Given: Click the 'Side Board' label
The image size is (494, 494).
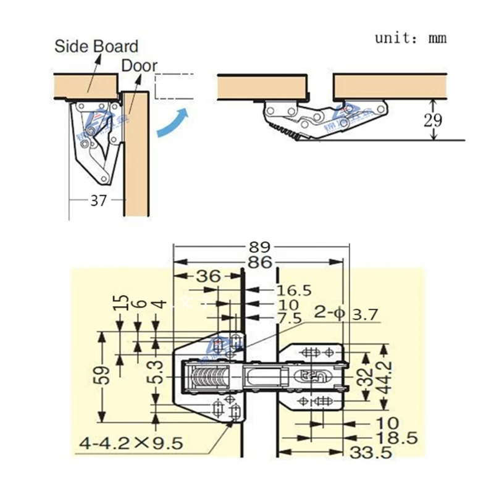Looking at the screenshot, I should click(x=96, y=46).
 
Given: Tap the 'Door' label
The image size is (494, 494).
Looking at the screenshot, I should click(x=139, y=65).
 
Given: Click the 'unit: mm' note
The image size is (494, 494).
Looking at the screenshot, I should click(x=411, y=38).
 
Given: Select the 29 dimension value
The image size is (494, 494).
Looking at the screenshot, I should click(x=433, y=119).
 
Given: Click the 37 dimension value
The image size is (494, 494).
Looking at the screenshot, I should click(x=98, y=201).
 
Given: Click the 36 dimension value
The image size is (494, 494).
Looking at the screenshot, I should click(x=208, y=276).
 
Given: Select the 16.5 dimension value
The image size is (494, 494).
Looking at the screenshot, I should click(x=294, y=290).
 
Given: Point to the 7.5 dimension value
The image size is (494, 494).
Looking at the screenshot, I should click(x=290, y=318).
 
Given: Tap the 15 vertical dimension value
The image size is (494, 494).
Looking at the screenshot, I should click(x=122, y=303).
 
